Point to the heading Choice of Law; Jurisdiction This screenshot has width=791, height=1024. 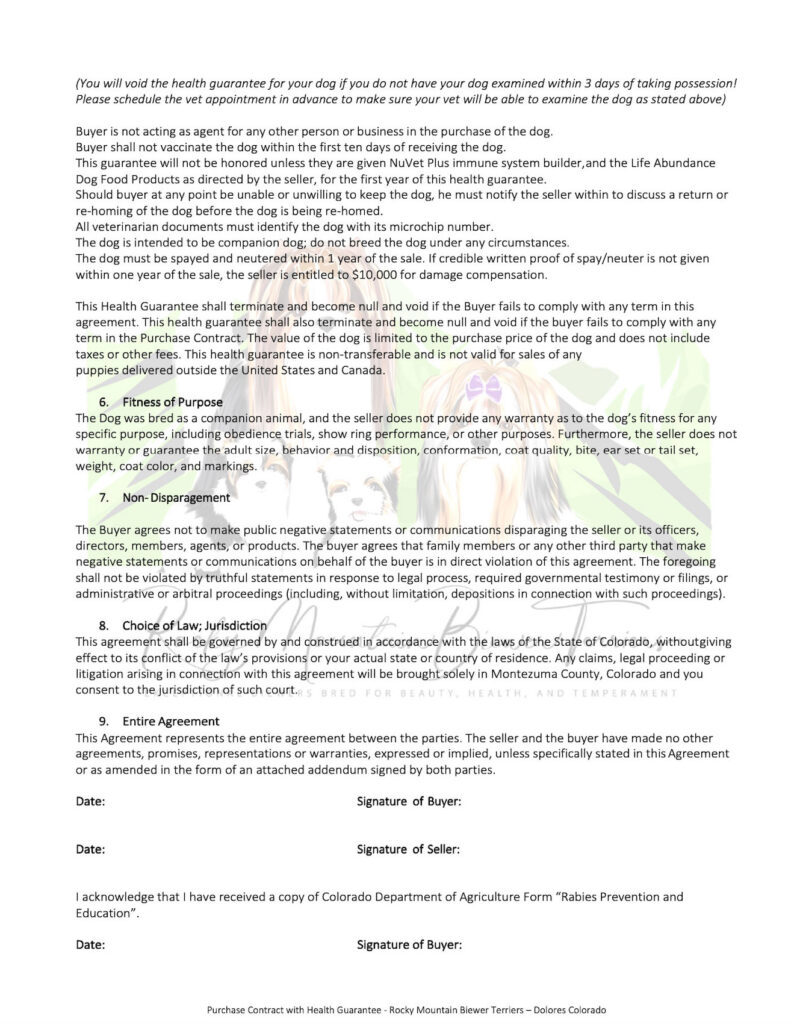pyautogui.click(x=195, y=625)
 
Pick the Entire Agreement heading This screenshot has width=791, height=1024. pyautogui.click(x=171, y=720)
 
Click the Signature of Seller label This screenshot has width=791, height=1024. pyautogui.click(x=408, y=849)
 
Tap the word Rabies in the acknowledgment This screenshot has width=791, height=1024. pyautogui.click(x=567, y=897)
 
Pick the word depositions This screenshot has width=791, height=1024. pyautogui.click(x=451, y=593)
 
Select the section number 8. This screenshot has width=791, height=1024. pyautogui.click(x=103, y=625)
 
